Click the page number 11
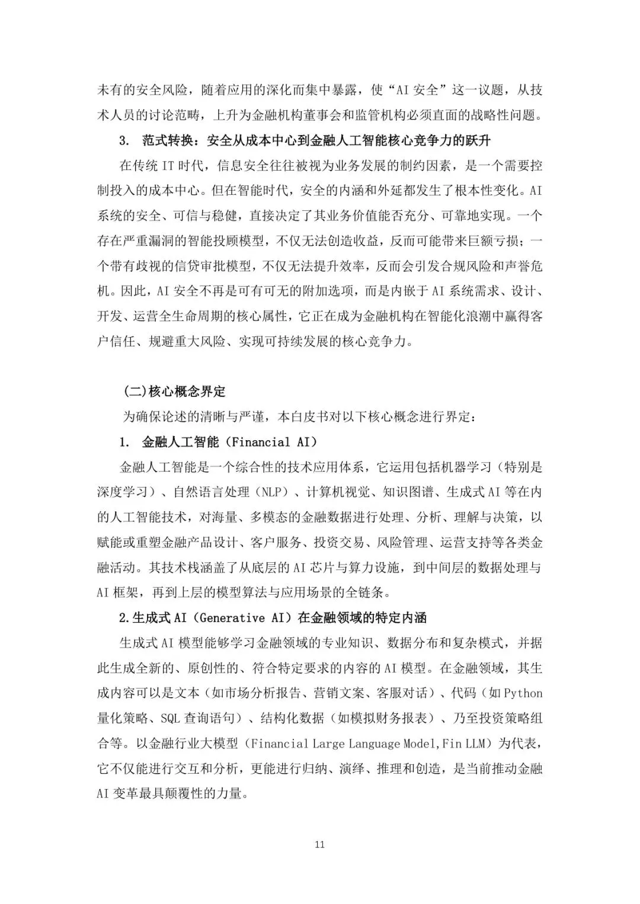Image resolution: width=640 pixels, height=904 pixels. coord(320,844)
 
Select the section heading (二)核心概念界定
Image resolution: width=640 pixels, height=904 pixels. coord(175,392)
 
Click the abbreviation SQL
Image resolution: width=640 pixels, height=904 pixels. coord(170,718)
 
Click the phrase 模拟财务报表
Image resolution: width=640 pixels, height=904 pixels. coord(381,718)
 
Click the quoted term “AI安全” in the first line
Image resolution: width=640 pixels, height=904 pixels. coord(412,90)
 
